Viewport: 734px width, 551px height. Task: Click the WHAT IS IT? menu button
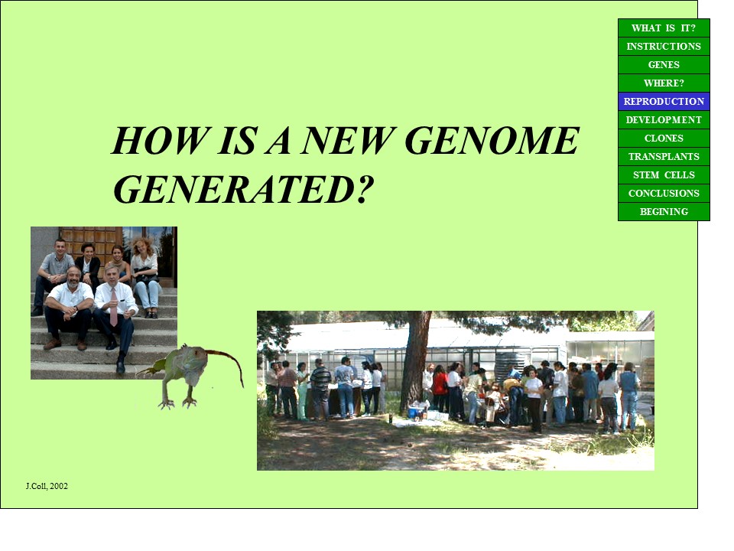click(664, 28)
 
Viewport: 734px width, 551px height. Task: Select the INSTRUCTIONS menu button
click(664, 47)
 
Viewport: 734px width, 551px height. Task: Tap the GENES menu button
click(664, 64)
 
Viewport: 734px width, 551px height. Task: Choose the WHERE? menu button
click(664, 83)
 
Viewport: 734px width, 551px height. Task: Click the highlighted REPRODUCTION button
click(664, 101)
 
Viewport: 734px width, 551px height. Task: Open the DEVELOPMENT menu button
click(664, 120)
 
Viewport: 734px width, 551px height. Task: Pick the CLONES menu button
click(664, 139)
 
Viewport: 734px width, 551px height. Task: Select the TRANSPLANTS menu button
click(664, 156)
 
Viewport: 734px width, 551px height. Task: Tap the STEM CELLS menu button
click(664, 174)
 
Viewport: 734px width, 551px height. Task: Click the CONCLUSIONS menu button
click(664, 193)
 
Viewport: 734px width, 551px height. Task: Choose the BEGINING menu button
click(664, 211)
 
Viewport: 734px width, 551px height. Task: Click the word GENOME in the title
click(492, 140)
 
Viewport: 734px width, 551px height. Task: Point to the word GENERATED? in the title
click(243, 189)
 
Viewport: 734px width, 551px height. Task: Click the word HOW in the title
click(160, 140)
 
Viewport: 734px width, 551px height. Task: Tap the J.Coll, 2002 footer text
click(47, 486)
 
